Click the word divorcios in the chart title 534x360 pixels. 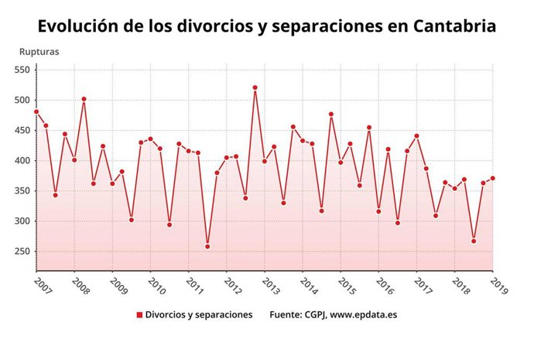(195, 26)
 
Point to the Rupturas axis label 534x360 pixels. (39, 52)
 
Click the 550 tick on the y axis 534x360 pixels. (21, 70)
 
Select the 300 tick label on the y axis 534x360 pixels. (21, 221)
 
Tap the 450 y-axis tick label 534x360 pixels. (21, 131)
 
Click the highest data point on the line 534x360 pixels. (255, 87)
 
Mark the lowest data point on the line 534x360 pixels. (207, 247)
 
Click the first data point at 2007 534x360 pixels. (36, 112)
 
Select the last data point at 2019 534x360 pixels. (492, 178)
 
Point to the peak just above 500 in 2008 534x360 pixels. (84, 99)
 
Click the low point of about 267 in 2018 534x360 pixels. (474, 241)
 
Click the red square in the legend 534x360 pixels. (139, 315)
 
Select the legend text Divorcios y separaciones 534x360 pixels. (199, 315)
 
